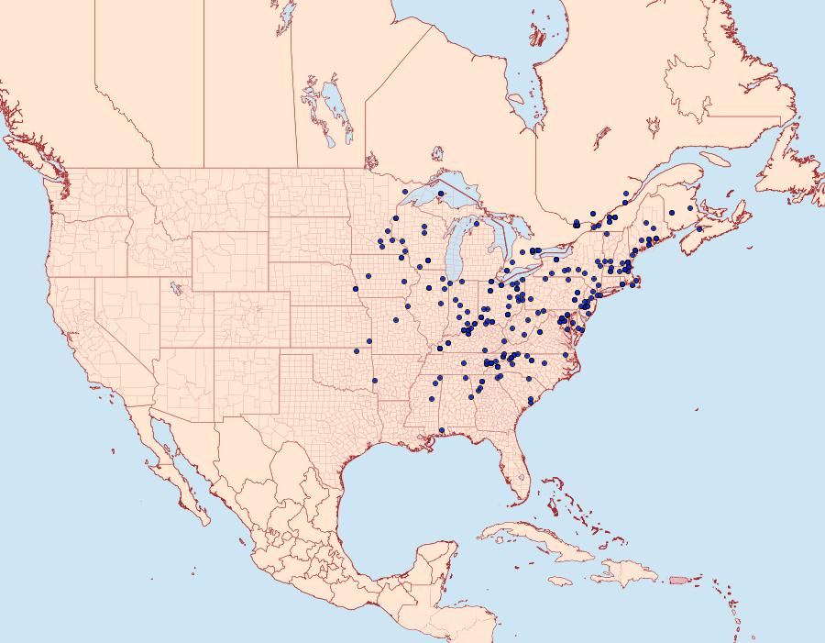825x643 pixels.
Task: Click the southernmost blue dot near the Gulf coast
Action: click(442, 430)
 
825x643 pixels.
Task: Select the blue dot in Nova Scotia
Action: click(699, 228)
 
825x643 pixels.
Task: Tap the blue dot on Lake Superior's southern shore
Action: click(441, 194)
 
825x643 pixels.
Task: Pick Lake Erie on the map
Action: click(522, 274)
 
